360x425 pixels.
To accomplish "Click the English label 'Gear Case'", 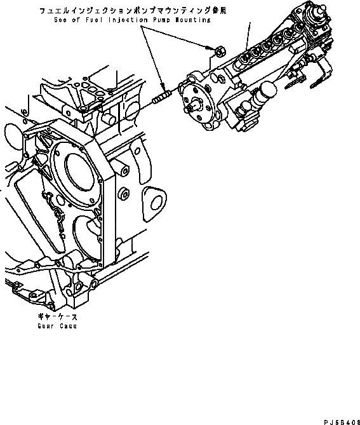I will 61,326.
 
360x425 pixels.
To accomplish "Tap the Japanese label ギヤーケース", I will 61,316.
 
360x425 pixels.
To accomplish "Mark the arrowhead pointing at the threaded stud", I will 163,90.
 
